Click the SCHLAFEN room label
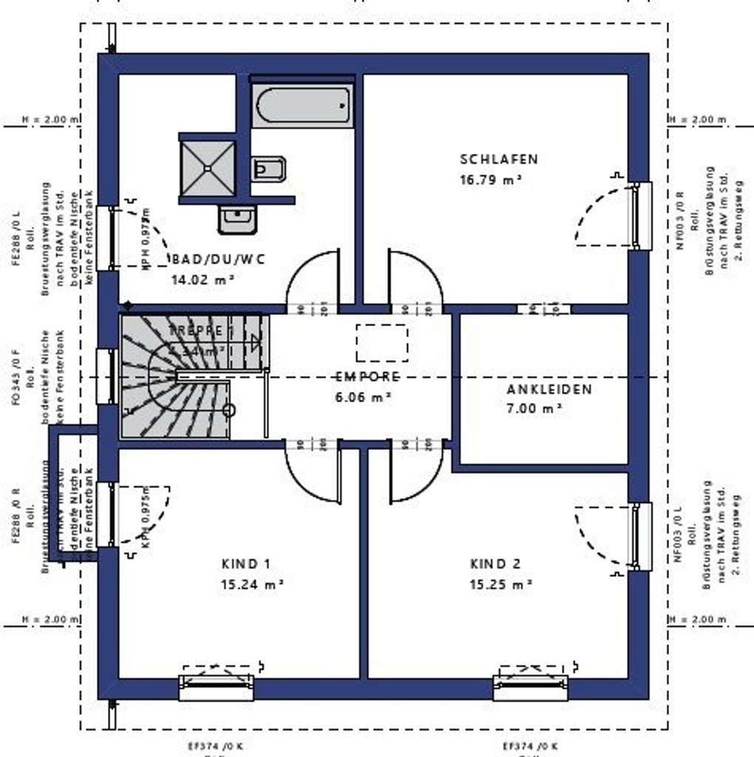[x=499, y=159]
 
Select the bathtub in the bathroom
[x=302, y=106]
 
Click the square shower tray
[x=208, y=168]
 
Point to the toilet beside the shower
[x=267, y=169]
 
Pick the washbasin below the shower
[x=237, y=219]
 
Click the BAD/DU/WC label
[x=217, y=259]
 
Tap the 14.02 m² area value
[x=203, y=279]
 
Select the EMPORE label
[x=367, y=376]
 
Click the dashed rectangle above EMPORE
[x=381, y=342]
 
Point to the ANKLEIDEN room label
[x=549, y=390]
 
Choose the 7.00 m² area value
[x=534, y=408]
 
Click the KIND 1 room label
[x=246, y=564]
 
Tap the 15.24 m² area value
[x=252, y=584]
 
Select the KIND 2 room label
[x=495, y=564]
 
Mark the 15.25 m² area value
[x=501, y=584]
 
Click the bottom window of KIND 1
[x=217, y=687]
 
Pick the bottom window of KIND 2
[x=530, y=687]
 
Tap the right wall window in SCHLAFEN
[x=640, y=216]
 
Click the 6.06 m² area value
[x=362, y=396]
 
